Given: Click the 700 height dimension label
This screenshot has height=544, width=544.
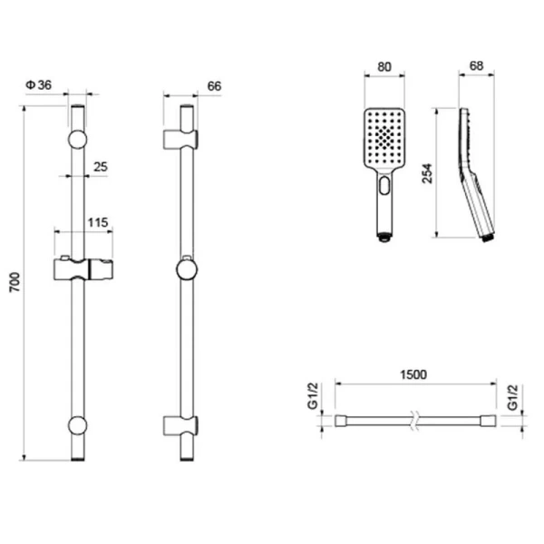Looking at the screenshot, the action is point(15,282).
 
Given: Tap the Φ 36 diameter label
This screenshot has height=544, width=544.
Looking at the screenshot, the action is point(38,85).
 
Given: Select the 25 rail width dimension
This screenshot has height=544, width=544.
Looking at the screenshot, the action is point(101,167).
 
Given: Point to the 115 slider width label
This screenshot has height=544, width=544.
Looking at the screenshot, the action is point(98,222).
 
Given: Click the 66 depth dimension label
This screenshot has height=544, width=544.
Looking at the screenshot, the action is point(214,86).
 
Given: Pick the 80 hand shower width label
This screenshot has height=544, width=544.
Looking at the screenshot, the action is point(384,66).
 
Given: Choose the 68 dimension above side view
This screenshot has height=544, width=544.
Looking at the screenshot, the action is point(476,65).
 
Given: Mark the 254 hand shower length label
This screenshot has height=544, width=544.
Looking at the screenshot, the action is point(427,173).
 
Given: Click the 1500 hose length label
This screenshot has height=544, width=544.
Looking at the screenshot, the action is point(413,374).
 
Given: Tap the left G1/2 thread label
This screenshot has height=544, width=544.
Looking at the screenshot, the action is point(313,396).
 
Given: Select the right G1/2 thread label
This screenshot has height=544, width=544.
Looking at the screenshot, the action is point(512,397).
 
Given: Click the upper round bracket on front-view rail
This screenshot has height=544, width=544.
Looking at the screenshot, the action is point(77,140).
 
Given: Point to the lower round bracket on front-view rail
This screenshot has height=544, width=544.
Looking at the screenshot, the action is point(77,425).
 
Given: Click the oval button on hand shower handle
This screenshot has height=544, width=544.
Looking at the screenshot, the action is point(384,185).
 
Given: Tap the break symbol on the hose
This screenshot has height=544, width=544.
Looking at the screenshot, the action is point(414,421).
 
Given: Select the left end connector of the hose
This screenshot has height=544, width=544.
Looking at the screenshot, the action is point(341,421).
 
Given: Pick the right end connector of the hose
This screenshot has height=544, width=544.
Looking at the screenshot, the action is point(489,421).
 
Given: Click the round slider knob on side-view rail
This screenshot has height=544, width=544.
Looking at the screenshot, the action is point(187,270).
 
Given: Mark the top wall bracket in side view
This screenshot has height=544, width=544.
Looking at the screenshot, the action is point(180,140).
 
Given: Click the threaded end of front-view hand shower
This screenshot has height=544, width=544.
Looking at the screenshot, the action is point(384,238).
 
